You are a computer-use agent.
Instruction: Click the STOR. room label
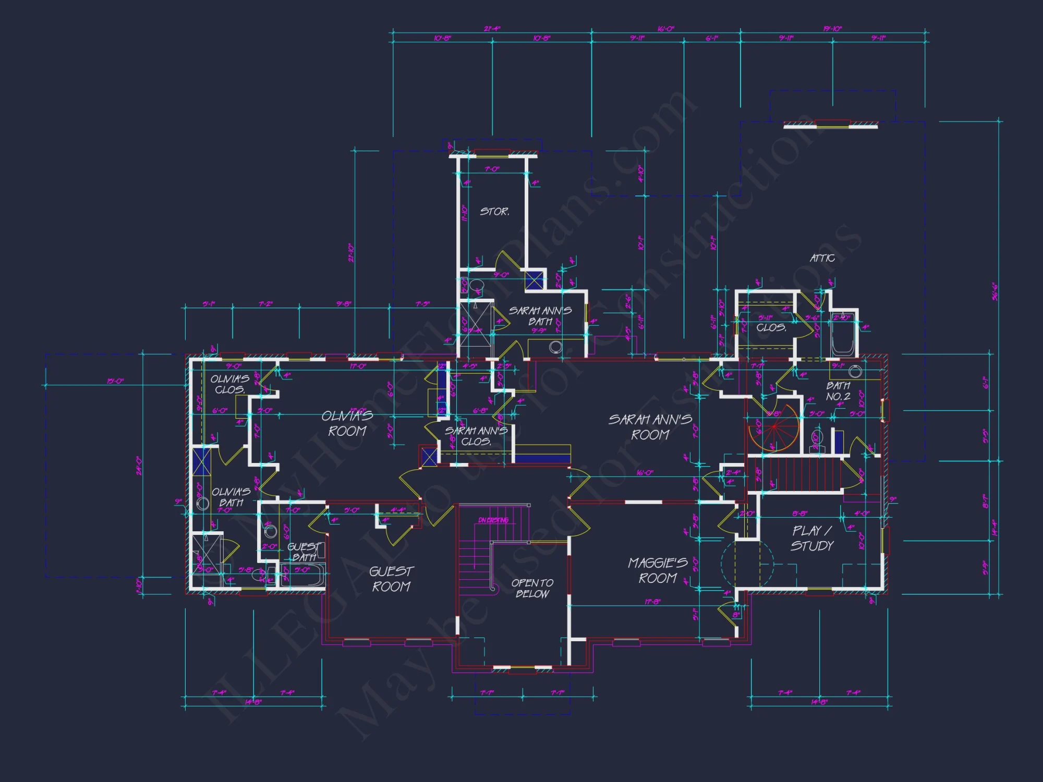coord(494,212)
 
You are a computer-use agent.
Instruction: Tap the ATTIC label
coord(822,258)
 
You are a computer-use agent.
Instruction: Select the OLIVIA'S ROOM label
coord(347,423)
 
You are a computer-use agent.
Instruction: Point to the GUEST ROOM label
coord(391,579)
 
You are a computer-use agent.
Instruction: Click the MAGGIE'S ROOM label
coord(658,570)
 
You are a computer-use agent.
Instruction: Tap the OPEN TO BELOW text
coord(532,588)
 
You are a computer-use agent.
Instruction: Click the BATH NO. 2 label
coord(838,391)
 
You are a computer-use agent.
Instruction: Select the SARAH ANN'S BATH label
coord(540,316)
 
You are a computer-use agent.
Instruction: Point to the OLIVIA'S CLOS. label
coord(229,384)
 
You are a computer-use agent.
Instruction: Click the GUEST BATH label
coord(304,552)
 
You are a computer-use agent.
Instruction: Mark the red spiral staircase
coord(774,427)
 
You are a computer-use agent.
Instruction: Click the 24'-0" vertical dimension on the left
coord(138,466)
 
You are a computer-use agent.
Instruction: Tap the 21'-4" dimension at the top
coord(492,29)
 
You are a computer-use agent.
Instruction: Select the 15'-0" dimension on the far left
coord(115,381)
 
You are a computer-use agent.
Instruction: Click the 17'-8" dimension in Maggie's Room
coord(652,602)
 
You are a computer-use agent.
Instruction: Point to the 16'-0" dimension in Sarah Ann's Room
coord(645,472)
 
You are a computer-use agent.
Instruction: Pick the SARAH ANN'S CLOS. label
coord(476,436)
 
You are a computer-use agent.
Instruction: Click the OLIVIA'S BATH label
coord(231,497)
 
